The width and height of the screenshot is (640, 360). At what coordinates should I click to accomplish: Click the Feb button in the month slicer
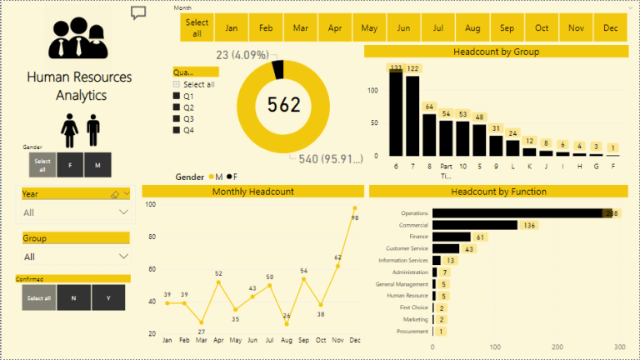pyautogui.click(x=266, y=27)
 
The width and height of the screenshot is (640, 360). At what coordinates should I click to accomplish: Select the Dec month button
pyautogui.click(x=610, y=27)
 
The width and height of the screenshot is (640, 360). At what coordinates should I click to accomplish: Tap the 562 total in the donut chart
pyautogui.click(x=283, y=104)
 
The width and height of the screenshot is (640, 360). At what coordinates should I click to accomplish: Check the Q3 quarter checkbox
pyautogui.click(x=177, y=118)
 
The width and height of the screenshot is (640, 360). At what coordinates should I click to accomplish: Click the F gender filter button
pyautogui.click(x=70, y=165)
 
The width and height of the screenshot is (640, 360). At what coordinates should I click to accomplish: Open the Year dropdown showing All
pyautogui.click(x=77, y=212)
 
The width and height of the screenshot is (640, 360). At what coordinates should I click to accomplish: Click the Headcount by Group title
pyautogui.click(x=496, y=52)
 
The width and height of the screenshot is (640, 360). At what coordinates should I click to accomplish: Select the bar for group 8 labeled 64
pyautogui.click(x=429, y=133)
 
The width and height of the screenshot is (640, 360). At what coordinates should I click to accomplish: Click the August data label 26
pyautogui.click(x=287, y=315)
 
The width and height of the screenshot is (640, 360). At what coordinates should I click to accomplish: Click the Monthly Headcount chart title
pyautogui.click(x=252, y=192)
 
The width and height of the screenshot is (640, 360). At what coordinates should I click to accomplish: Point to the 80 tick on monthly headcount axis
pyautogui.click(x=150, y=237)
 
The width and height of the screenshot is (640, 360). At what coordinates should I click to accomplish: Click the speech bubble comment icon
pyautogui.click(x=138, y=12)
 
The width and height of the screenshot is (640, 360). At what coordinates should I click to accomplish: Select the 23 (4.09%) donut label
pyautogui.click(x=241, y=56)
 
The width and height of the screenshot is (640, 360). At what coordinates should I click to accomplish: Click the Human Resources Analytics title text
pyautogui.click(x=79, y=86)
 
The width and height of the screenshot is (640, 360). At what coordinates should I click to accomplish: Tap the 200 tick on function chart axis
pyautogui.click(x=557, y=346)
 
